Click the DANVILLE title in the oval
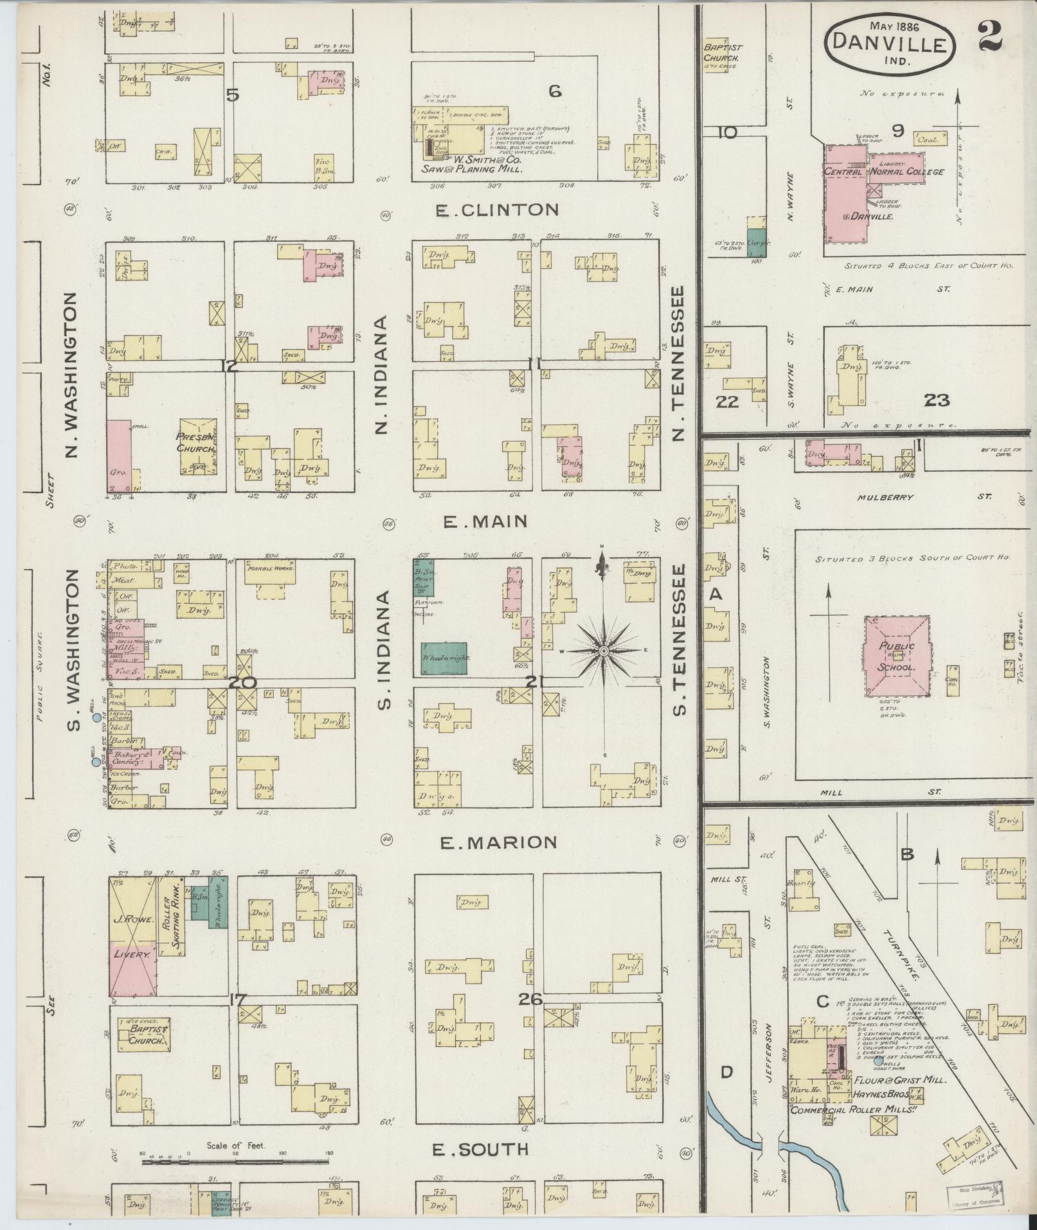890,44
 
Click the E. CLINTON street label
497,210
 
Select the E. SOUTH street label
481,1150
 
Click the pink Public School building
897,657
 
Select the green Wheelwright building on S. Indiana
444,658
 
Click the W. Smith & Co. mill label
470,164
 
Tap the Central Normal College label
884,172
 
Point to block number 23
936,400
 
